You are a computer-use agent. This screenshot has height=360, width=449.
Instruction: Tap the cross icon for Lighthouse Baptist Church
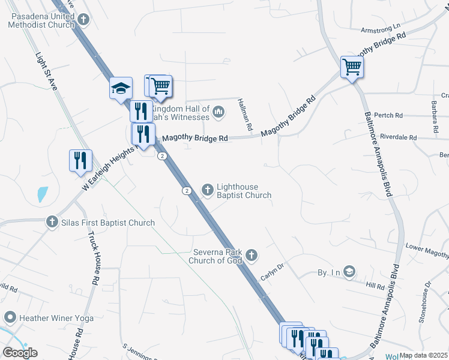tap(208, 190)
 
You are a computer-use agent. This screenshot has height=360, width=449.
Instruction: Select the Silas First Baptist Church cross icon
tap(52, 223)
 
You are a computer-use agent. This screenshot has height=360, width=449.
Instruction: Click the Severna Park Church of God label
tap(217, 256)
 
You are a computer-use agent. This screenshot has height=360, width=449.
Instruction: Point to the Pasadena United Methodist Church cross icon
tap(83, 20)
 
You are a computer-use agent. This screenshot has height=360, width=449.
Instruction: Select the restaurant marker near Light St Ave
tap(80, 160)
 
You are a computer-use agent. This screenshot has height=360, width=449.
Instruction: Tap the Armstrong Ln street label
tap(380, 28)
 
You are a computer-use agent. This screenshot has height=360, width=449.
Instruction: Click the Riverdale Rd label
tap(398, 137)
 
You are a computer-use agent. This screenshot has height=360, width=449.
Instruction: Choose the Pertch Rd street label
tap(388, 115)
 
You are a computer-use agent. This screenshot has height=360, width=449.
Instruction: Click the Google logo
tap(20, 353)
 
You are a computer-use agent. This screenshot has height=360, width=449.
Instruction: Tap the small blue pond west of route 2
tap(42, 194)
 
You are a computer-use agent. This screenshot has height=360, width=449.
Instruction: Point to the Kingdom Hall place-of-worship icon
tap(219, 111)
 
